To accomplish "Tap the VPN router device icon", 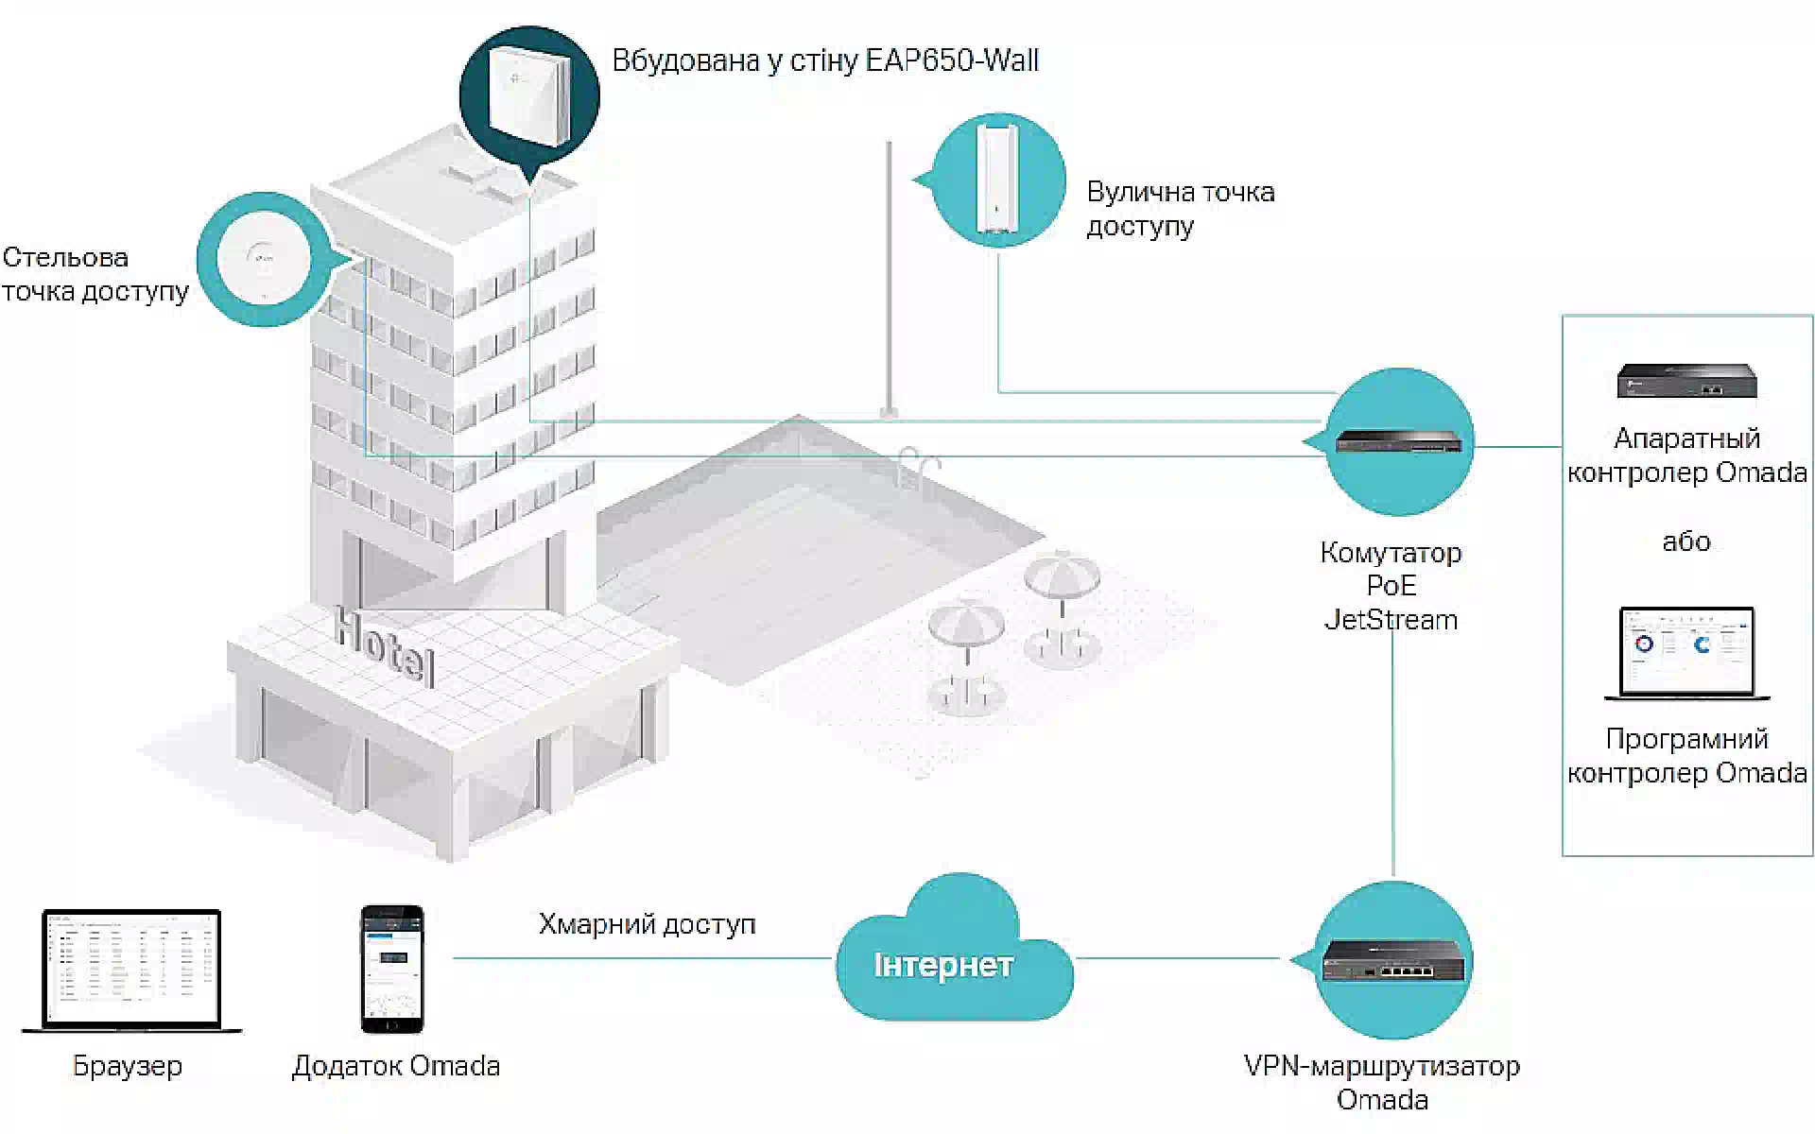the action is pyautogui.click(x=1393, y=960).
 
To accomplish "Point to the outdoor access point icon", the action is pyautogui.click(x=998, y=180).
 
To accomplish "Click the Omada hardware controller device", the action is pyautogui.click(x=1687, y=380).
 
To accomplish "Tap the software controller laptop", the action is pyautogui.click(x=1687, y=653).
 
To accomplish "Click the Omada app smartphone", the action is pyautogui.click(x=392, y=969).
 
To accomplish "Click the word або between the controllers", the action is pyautogui.click(x=1686, y=541).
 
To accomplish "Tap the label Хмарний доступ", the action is pyautogui.click(x=648, y=924).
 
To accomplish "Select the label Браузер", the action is pyautogui.click(x=128, y=1067).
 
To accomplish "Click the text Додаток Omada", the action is pyautogui.click(x=396, y=1066).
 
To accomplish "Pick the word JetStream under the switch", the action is pyautogui.click(x=1391, y=620).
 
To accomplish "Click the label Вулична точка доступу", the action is pyautogui.click(x=1181, y=209).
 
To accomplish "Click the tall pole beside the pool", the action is pyautogui.click(x=889, y=280).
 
